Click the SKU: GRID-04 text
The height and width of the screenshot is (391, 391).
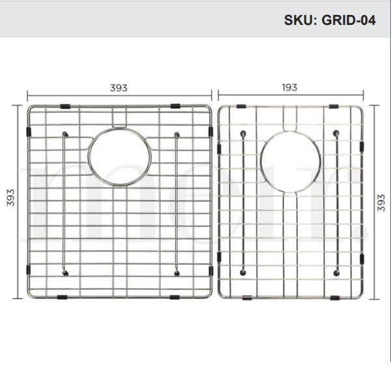click(x=329, y=20)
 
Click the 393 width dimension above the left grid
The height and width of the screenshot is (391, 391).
click(x=118, y=87)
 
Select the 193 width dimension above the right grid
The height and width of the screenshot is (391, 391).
click(x=289, y=87)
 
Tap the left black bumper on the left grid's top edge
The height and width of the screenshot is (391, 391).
click(x=64, y=106)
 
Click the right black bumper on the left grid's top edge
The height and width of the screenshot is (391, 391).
click(x=176, y=106)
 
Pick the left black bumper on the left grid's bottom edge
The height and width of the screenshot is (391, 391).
click(x=62, y=297)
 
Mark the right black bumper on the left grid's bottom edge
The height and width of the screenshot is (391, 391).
click(x=175, y=297)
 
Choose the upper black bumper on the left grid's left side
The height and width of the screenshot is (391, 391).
click(x=28, y=132)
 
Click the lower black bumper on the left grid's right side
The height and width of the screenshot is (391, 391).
click(x=210, y=270)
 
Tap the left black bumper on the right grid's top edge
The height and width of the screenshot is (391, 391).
click(x=241, y=106)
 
